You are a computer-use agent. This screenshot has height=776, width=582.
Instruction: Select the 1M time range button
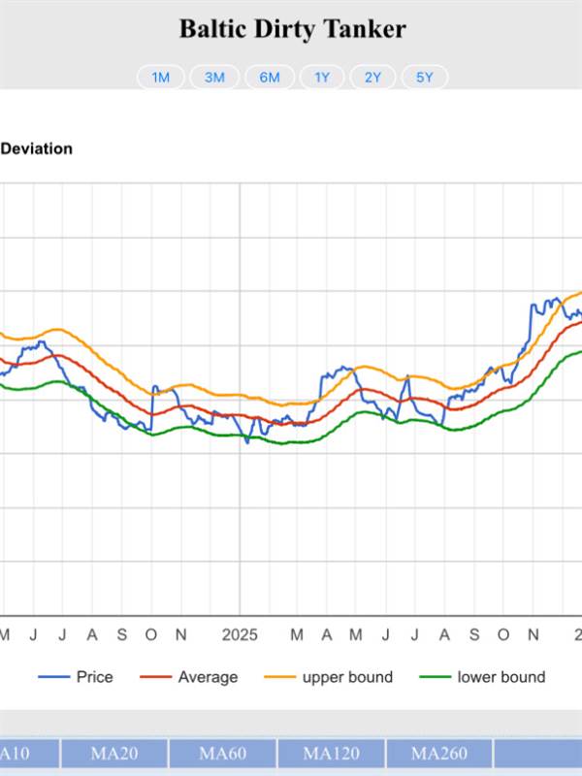161,78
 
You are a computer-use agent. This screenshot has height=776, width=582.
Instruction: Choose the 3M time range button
214,78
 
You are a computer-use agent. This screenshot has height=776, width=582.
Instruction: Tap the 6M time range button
270,78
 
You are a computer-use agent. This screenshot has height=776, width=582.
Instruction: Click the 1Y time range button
322,78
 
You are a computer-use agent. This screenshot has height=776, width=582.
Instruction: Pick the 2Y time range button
372,78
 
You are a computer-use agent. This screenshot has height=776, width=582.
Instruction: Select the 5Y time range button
424,78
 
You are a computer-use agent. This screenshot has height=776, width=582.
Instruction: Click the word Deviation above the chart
36,148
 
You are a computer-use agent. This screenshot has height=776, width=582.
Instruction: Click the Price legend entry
94,677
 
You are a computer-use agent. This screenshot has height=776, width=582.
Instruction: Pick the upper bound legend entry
347,677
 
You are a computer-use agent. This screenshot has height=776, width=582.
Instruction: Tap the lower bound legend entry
501,677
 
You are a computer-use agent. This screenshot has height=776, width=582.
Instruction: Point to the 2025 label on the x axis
240,634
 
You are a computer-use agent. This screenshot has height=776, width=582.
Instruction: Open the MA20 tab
114,754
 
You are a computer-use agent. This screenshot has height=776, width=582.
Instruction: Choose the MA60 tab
223,754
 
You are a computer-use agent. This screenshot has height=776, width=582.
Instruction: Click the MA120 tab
332,754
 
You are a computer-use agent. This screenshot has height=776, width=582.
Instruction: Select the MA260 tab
439,754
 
